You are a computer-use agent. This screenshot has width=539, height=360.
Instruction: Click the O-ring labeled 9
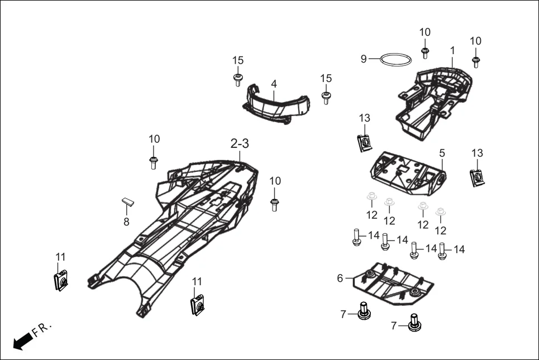[397, 59]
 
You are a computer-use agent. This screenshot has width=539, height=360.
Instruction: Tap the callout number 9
[364, 59]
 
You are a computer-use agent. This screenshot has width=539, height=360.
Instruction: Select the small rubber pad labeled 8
[128, 202]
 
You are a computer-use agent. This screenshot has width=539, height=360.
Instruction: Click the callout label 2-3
[240, 143]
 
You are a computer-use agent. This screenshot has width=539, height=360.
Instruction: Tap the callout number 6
[340, 278]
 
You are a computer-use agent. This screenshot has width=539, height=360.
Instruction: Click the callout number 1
[452, 50]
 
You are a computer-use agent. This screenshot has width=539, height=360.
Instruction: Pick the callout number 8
[126, 222]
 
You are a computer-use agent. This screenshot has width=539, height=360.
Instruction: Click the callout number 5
[442, 152]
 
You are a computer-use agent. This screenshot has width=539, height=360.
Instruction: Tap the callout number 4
[274, 84]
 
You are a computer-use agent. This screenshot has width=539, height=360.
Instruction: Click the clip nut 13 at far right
[477, 178]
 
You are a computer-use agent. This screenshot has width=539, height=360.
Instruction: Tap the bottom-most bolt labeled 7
[414, 323]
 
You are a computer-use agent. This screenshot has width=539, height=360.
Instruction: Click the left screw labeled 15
[238, 79]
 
